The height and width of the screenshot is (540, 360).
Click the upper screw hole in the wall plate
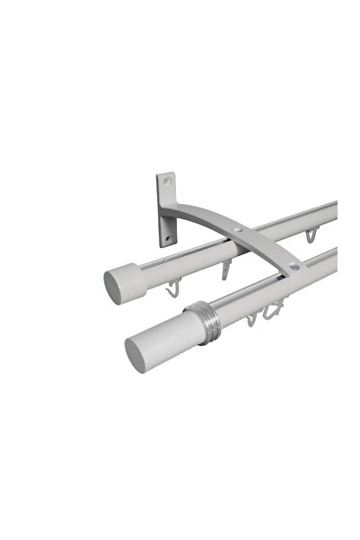point(166,181)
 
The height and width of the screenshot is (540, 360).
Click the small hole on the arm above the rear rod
point(240,232)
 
